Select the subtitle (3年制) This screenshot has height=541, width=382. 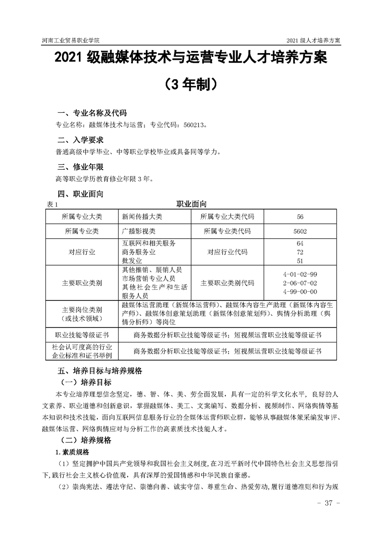pyautogui.click(x=191, y=85)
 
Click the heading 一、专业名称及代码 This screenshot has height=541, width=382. pyautogui.click(x=92, y=113)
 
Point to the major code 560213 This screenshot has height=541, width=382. pyautogui.click(x=193, y=125)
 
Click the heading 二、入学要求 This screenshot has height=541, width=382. pyautogui.click(x=80, y=140)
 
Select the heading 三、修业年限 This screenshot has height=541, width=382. pyautogui.click(x=80, y=167)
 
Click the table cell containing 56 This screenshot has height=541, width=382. pyautogui.click(x=300, y=217)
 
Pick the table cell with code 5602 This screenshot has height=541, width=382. pyautogui.click(x=300, y=231)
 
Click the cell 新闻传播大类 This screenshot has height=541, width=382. pyautogui.click(x=143, y=217)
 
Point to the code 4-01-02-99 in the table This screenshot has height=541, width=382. pyautogui.click(x=300, y=274)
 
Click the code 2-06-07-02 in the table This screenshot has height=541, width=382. pyautogui.click(x=300, y=283)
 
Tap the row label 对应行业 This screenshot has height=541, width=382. pyautogui.click(x=82, y=252)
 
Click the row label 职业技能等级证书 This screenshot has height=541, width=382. pyautogui.click(x=82, y=335)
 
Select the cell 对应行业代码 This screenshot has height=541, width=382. pyautogui.click(x=227, y=252)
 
